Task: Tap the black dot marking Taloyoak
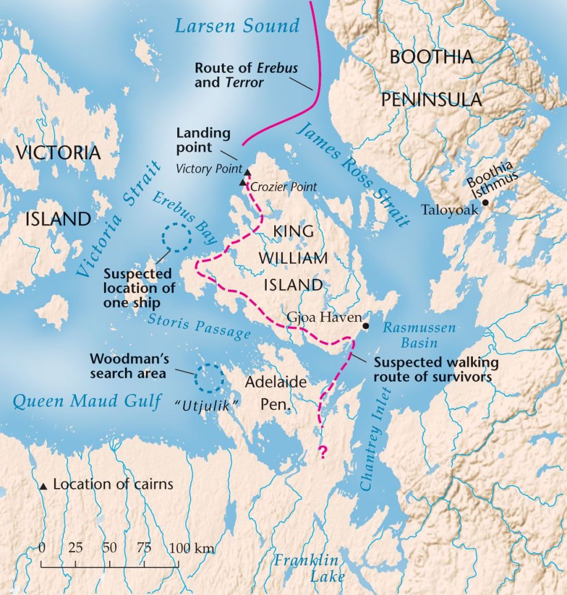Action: (x=485, y=203)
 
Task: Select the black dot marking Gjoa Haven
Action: (x=365, y=326)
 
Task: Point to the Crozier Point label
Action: (x=283, y=187)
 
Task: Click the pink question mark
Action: (x=321, y=453)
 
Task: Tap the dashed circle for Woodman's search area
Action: (x=209, y=378)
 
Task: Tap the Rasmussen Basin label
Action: (x=419, y=335)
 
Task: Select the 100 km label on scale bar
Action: (x=193, y=547)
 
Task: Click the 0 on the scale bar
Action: (x=42, y=547)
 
